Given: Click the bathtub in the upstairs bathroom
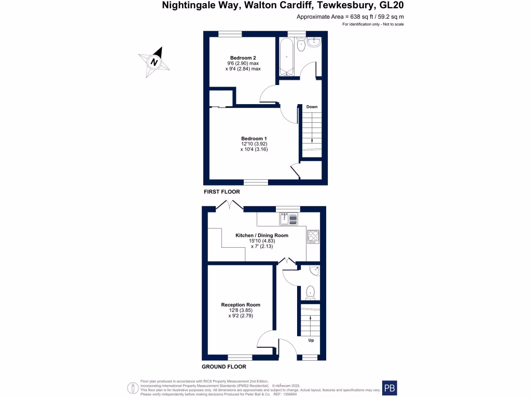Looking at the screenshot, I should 287,57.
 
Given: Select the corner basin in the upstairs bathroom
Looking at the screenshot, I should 315,43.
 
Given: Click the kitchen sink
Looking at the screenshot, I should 289,219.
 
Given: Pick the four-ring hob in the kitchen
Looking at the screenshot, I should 313,237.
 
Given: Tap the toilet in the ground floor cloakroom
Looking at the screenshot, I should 310,292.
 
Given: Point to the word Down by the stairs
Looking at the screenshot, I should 312,107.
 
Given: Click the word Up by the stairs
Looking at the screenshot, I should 311,340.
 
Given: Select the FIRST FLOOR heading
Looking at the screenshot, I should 222,192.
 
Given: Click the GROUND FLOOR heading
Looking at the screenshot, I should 224,366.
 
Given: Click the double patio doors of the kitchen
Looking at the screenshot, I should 229,206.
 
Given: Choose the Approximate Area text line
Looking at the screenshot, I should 350,17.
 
